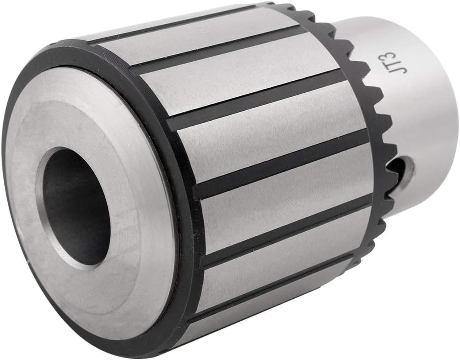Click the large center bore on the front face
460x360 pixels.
pos(75,207)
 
